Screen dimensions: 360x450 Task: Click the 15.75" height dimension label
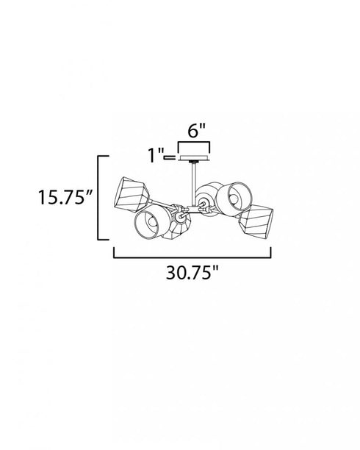[x=65, y=197]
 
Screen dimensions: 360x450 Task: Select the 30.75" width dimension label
[x=192, y=272]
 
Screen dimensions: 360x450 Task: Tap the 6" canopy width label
[x=196, y=131]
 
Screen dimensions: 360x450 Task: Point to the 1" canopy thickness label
[x=155, y=155]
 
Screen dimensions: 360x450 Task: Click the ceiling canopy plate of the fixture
[x=194, y=158]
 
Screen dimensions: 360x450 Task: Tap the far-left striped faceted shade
[x=131, y=195]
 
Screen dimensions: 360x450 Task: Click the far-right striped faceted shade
[x=256, y=221]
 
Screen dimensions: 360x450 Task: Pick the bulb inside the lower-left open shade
[x=153, y=221]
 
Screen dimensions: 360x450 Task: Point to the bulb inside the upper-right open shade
[x=234, y=199]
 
